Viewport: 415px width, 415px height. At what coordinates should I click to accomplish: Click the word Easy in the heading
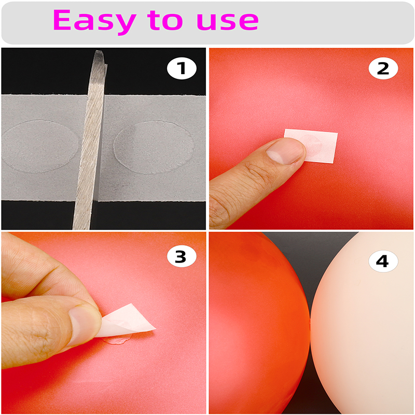point(94,22)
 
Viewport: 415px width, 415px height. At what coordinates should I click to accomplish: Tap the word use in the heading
point(228,21)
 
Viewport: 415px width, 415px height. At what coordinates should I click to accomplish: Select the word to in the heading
point(165,20)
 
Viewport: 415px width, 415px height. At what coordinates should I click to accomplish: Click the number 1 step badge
point(182,68)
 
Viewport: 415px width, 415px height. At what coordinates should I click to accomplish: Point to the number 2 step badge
point(383,68)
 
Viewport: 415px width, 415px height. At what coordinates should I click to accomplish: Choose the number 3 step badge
point(182,256)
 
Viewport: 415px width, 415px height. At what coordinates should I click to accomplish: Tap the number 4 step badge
point(383,261)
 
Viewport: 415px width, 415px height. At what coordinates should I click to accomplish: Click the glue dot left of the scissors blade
point(40,146)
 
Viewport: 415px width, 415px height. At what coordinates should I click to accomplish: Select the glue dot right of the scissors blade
point(154,147)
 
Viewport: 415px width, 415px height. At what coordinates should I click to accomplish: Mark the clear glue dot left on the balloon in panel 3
point(118,339)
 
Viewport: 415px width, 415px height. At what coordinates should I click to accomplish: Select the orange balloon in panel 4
point(258,323)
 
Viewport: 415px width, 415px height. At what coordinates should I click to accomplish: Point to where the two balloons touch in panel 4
point(310,322)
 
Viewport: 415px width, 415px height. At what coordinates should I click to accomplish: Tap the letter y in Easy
point(123,24)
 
